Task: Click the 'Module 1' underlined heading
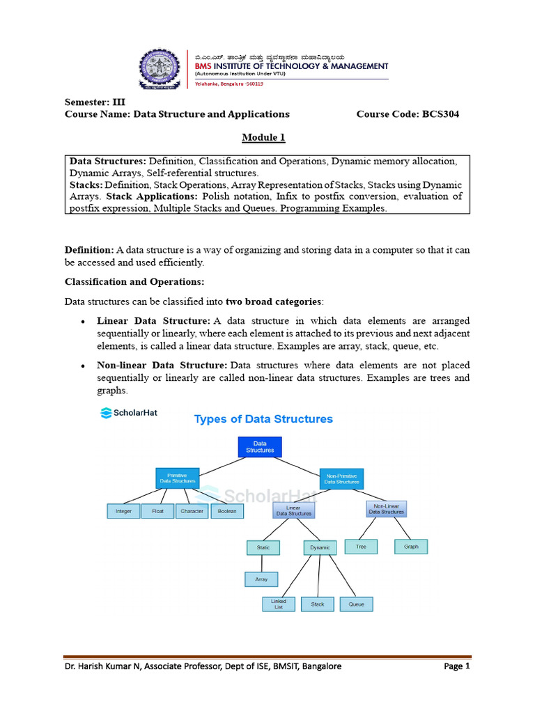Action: pos(263,137)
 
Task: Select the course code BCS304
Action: pos(408,113)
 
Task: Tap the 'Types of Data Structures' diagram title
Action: pos(263,419)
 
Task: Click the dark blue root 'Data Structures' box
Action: pos(260,446)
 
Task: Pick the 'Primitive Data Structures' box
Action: pos(177,478)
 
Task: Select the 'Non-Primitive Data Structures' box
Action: pos(341,478)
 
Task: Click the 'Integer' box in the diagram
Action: pos(123,511)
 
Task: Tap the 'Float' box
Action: pos(157,511)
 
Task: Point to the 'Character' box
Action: pos(192,511)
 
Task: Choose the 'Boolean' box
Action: pos(226,511)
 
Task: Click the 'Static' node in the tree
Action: pos(263,547)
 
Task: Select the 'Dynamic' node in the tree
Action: pos(320,547)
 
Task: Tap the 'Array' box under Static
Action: pos(261,579)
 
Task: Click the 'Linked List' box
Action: pos(279,604)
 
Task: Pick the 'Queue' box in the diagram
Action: pos(356,604)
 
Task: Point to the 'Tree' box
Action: pos(361,547)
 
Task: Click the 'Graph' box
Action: pos(411,547)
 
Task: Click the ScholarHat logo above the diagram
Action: pos(129,412)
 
